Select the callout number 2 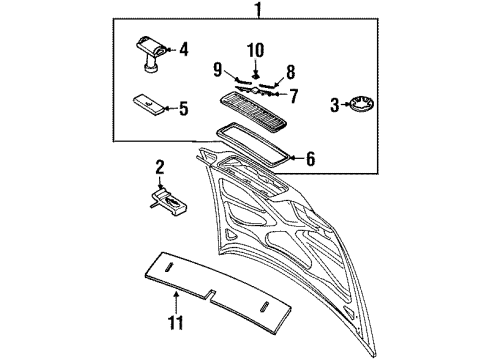159,166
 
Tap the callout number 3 335,103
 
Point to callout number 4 183,47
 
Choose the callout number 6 310,158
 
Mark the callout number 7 293,96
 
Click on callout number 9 217,69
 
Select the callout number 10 255,50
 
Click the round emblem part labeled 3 362,103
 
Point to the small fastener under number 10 255,75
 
